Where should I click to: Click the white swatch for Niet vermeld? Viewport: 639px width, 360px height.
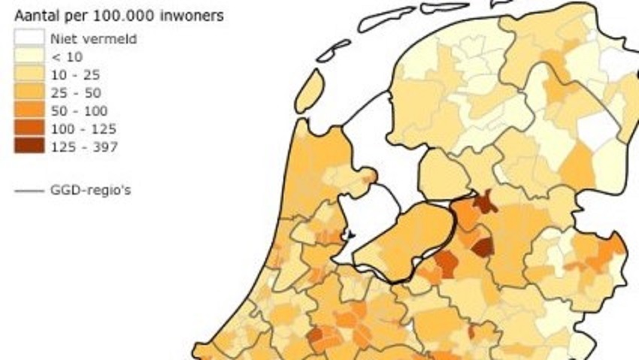26,38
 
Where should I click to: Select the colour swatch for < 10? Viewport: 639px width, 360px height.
26,56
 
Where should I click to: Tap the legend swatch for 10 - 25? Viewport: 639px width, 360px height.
26,74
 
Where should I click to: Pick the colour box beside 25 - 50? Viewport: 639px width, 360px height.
26,92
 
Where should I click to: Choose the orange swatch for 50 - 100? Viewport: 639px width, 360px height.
26,110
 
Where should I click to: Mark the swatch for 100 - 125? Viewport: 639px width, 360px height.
26,129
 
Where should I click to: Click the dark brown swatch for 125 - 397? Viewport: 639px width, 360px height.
26,147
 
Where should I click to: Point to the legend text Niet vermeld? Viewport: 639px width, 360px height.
93,38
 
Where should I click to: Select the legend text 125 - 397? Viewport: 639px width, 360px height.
84,147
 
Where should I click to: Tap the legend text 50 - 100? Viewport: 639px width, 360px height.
80,110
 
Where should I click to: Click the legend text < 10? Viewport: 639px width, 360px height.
67,56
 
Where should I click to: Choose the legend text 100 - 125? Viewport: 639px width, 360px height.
83,129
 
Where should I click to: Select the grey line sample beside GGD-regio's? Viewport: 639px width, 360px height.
28,190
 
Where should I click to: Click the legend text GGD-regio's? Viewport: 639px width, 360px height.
91,190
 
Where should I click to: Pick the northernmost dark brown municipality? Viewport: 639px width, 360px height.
485,201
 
